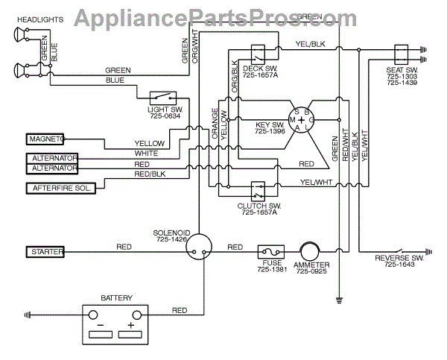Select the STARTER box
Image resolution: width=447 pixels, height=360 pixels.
(45, 250)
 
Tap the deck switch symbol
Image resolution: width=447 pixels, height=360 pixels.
(259, 54)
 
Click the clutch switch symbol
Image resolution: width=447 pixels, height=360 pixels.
(259, 189)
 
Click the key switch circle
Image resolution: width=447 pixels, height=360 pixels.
(302, 118)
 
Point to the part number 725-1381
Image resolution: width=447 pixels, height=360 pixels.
(270, 271)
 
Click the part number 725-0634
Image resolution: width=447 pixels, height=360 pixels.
(165, 116)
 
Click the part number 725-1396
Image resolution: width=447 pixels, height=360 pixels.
(270, 132)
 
